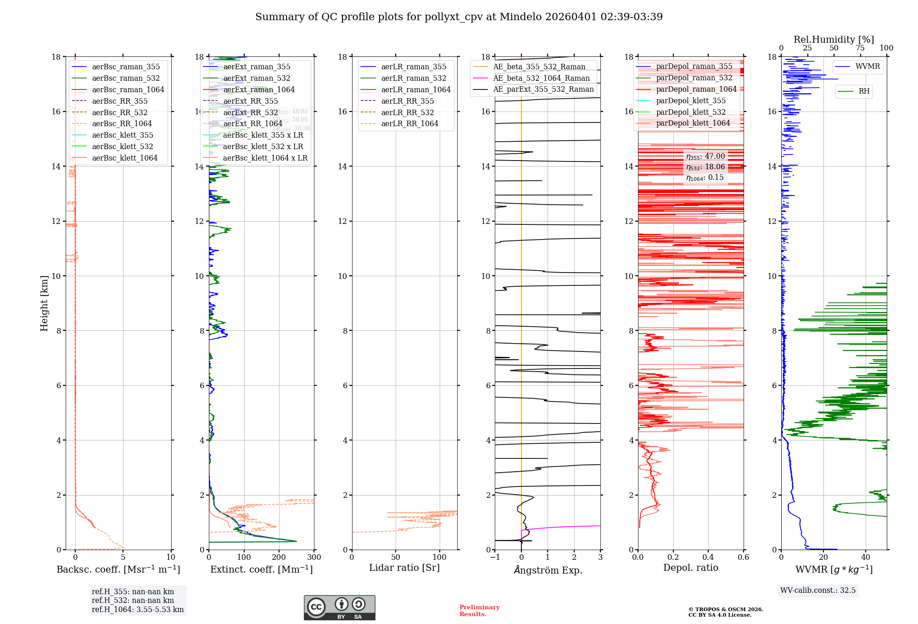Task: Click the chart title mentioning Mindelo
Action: (459, 17)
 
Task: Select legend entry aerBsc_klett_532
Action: (123, 146)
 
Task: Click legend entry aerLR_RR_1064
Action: (409, 123)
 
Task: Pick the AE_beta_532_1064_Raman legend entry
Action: (541, 78)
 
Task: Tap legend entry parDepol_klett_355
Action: (691, 100)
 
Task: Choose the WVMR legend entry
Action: (868, 67)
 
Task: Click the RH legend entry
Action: (864, 91)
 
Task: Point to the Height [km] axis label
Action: (44, 303)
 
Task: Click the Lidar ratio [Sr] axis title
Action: (404, 568)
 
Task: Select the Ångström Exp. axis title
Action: (548, 570)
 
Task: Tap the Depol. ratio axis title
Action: (690, 568)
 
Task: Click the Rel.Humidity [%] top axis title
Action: (834, 39)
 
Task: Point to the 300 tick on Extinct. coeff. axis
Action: (314, 557)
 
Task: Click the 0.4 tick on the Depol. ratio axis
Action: (708, 557)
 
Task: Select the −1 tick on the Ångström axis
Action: (495, 557)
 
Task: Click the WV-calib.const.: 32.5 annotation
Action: (818, 590)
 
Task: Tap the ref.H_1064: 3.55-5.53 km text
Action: (138, 609)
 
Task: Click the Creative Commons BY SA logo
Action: (339, 607)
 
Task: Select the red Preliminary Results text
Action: (479, 610)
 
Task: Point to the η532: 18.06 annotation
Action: (705, 167)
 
